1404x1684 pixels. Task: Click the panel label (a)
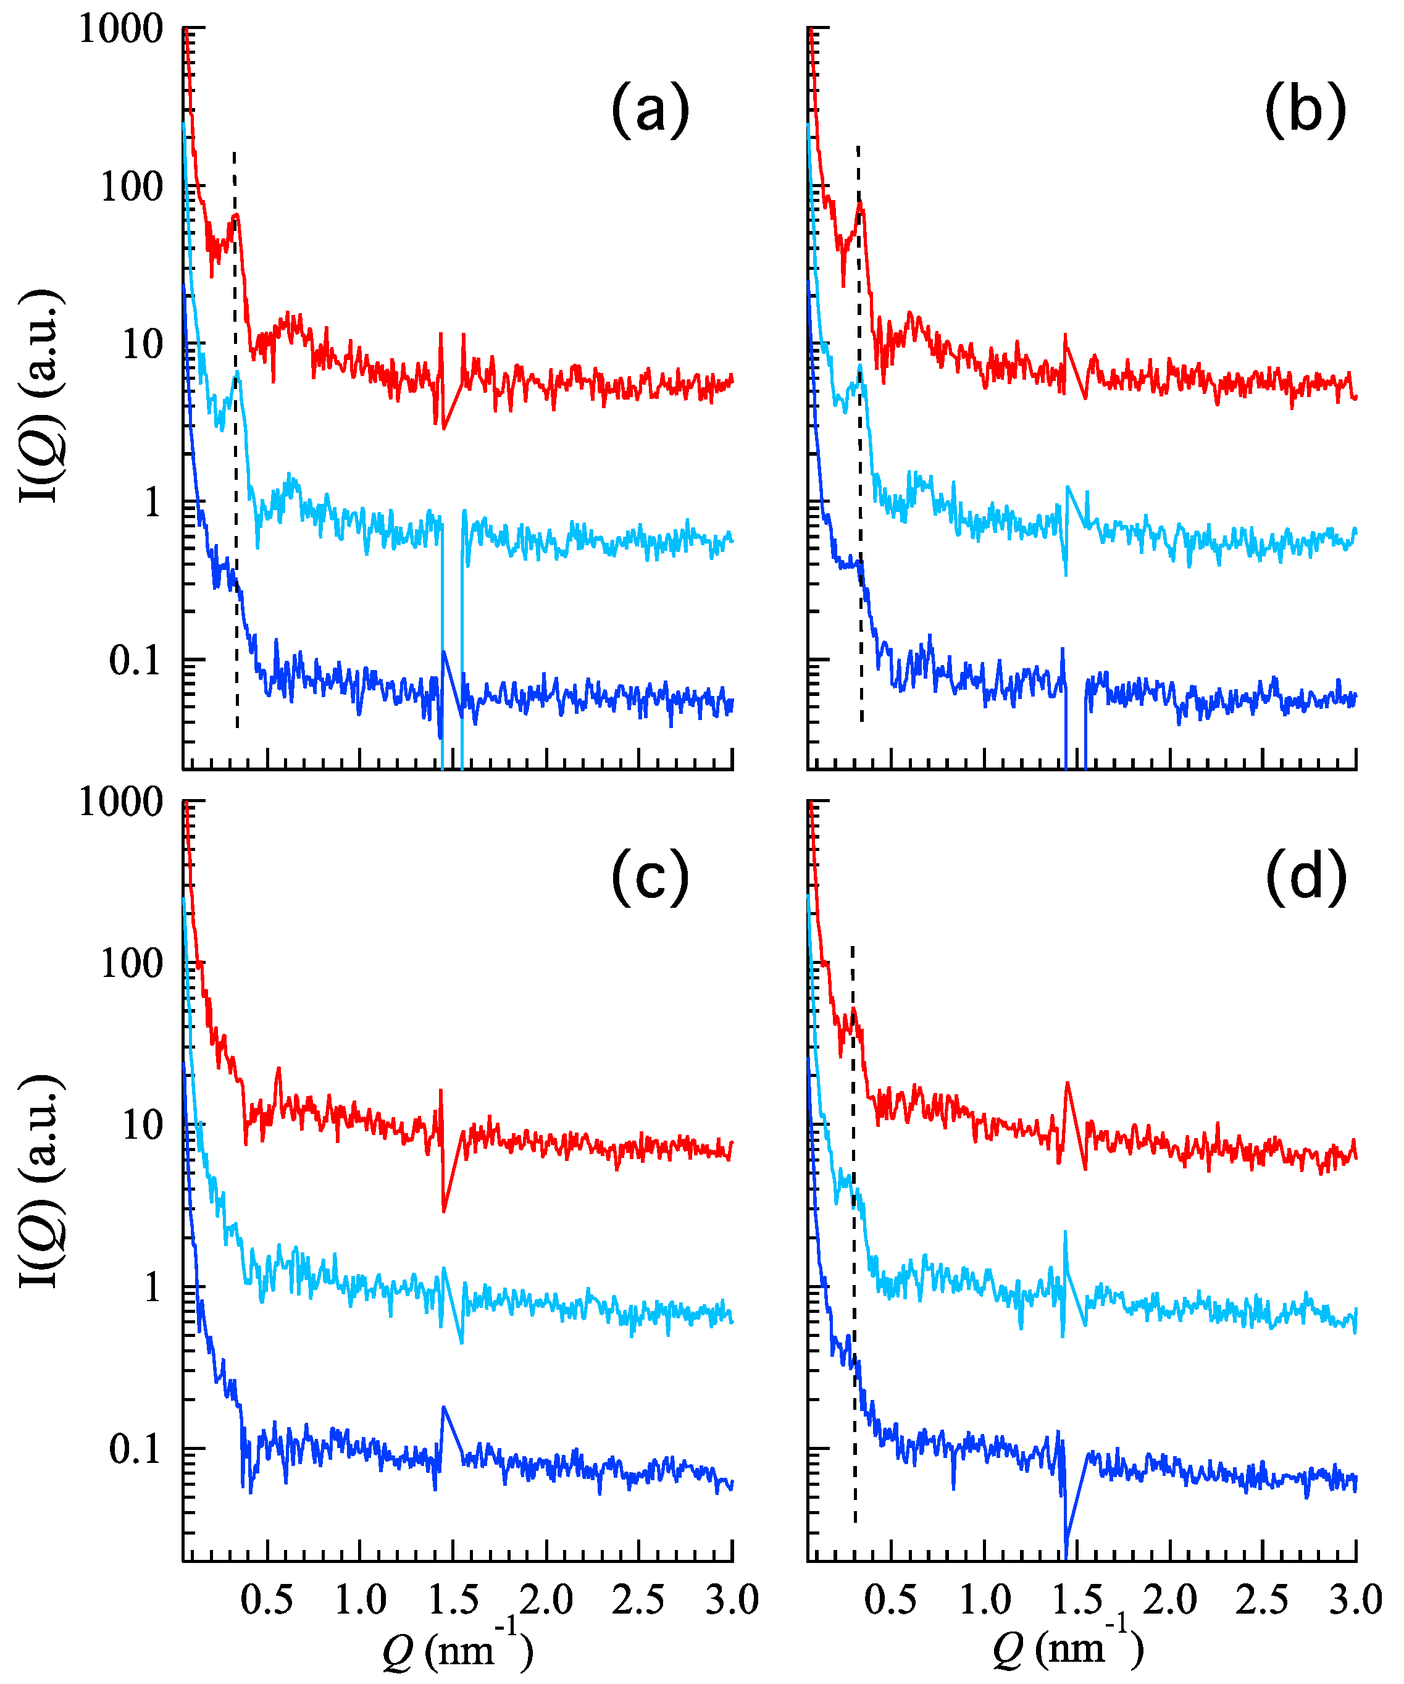(x=650, y=110)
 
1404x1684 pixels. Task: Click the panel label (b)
(x=1305, y=110)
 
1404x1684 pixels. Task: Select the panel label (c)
(x=650, y=878)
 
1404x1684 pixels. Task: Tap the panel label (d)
(x=1305, y=878)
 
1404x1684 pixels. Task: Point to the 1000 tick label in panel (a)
(x=121, y=30)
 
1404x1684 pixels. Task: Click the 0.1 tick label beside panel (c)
(x=135, y=1449)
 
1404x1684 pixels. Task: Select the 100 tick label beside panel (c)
(x=132, y=963)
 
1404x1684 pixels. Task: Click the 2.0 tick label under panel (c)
(x=545, y=1600)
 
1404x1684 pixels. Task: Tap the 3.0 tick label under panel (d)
(x=1356, y=1600)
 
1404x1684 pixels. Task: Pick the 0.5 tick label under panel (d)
(x=890, y=1600)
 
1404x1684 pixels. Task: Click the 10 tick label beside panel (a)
(x=142, y=345)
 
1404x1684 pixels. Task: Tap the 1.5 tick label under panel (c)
(x=453, y=1600)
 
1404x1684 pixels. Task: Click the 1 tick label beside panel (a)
(x=153, y=503)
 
